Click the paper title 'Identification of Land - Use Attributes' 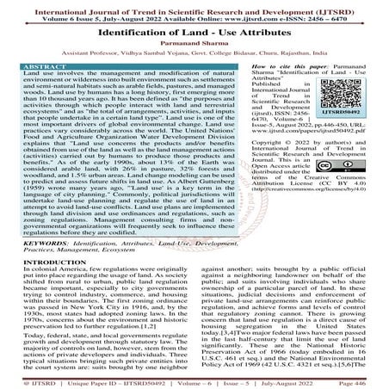pyautogui.click(x=194, y=34)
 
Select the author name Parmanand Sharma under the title pyautogui.click(x=194, y=50)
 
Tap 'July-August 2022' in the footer pyautogui.click(x=297, y=380)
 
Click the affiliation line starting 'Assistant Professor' pyautogui.click(x=194, y=62)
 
